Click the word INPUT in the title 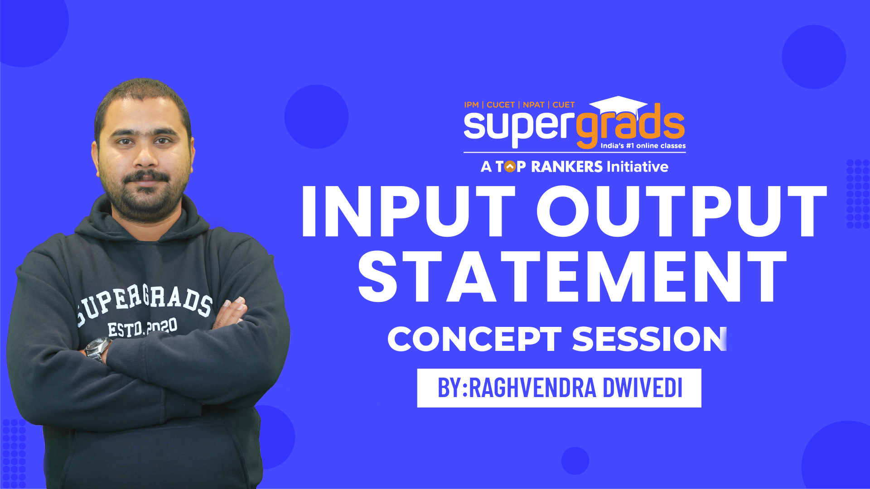coord(408,211)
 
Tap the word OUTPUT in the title coord(682,211)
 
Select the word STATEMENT coord(572,277)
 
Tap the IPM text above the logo coord(471,105)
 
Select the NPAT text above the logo coord(533,105)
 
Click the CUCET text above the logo coord(500,105)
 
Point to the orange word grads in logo coord(630,127)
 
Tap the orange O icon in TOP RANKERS coord(510,167)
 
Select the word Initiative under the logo coord(637,167)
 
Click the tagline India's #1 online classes coord(643,146)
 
